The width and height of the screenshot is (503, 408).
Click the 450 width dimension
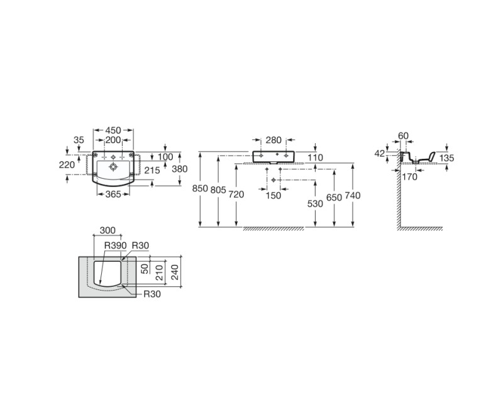[113, 131]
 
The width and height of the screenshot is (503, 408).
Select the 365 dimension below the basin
[113, 194]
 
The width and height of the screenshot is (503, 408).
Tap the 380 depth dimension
[179, 169]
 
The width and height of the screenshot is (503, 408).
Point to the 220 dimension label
[67, 164]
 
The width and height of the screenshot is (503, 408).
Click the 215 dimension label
[152, 170]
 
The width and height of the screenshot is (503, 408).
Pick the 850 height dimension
[200, 189]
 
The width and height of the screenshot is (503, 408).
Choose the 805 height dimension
[218, 190]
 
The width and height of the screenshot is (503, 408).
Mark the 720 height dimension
[236, 195]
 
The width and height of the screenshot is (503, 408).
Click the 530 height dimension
[315, 203]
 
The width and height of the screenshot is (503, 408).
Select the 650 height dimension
[334, 198]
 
